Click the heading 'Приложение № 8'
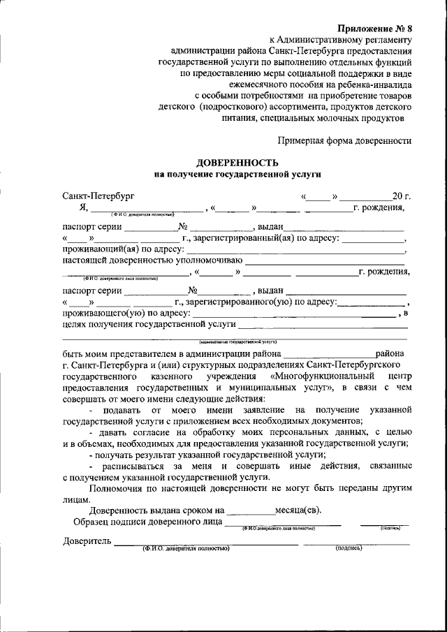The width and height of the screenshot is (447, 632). tap(375, 28)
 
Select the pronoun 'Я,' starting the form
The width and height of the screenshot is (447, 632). tap(83, 207)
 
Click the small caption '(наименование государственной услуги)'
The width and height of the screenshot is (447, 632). tap(237, 342)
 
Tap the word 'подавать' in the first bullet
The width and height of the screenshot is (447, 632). tap(120, 409)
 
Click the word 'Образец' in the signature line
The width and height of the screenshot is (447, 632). tap(91, 522)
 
